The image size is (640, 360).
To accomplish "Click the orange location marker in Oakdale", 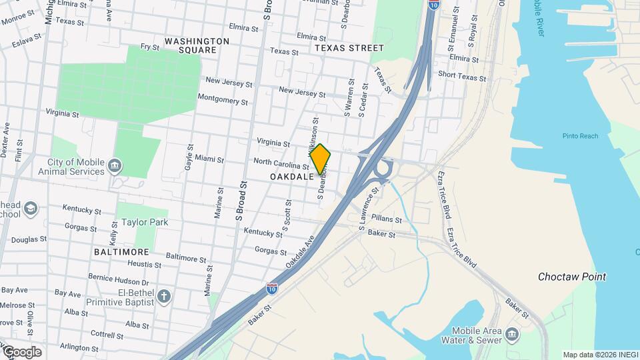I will click(x=320, y=159).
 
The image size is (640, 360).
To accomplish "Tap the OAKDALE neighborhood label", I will click(x=292, y=177).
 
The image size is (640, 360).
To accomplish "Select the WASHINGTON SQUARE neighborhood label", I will click(x=197, y=45).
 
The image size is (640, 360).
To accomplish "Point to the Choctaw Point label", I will click(x=572, y=277).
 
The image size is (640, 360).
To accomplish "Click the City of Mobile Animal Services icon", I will click(x=115, y=165).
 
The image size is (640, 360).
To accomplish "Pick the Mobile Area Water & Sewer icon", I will click(x=511, y=333).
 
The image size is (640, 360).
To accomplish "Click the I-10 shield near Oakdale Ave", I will click(x=272, y=289).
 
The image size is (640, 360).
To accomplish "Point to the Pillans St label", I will click(x=387, y=219).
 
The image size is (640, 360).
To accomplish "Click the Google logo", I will click(x=22, y=352).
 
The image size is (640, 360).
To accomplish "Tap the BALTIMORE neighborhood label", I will click(x=121, y=253).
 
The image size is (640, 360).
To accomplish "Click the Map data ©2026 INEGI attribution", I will click(x=600, y=355).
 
